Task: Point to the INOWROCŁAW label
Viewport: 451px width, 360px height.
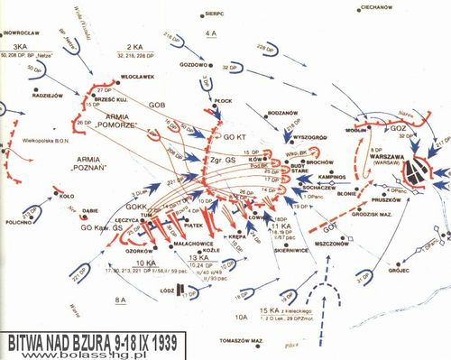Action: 23,32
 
